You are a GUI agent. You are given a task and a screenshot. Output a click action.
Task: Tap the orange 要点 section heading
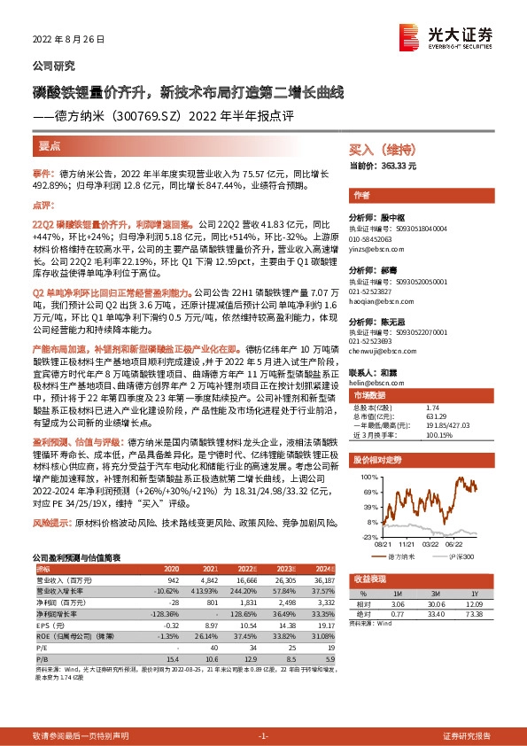coord(50,143)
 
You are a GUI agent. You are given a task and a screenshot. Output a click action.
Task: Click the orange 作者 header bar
coord(361,194)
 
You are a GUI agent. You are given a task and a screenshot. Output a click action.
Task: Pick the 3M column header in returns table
coord(433,594)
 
